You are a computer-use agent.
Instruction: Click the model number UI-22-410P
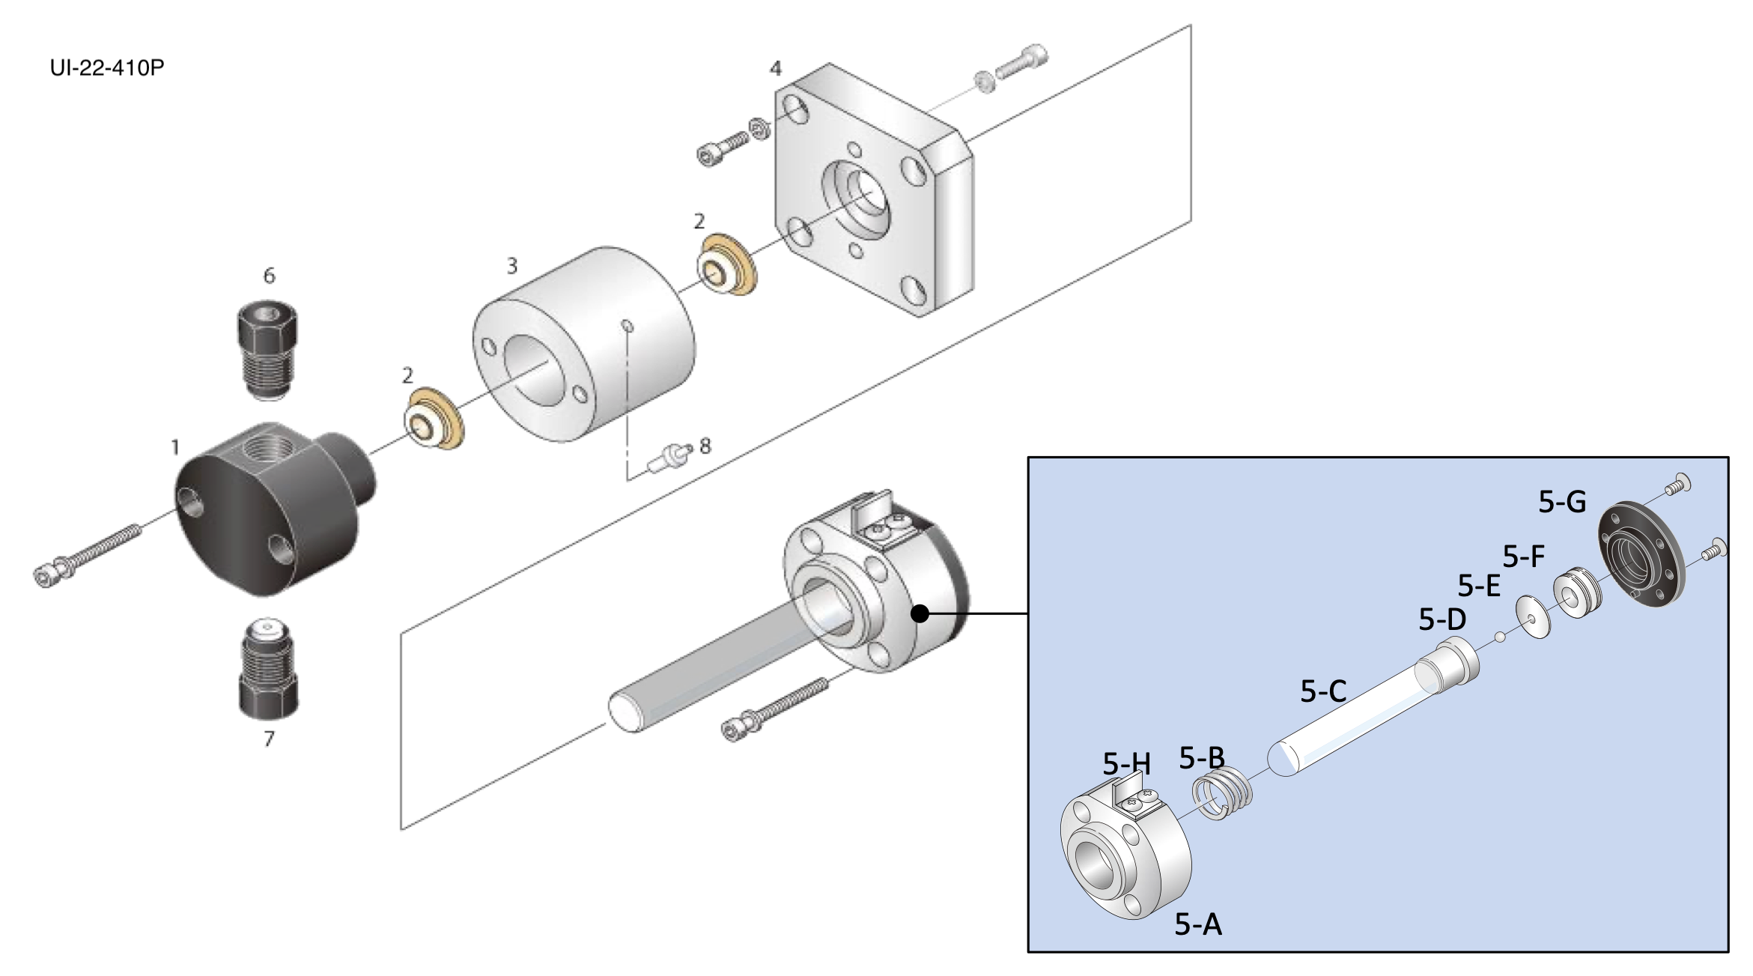[107, 67]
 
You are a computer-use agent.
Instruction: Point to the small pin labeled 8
[670, 457]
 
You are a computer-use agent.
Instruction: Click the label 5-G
[1562, 502]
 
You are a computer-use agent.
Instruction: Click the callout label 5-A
[1198, 925]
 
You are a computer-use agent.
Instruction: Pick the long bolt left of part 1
[86, 555]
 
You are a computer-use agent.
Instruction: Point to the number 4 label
[776, 69]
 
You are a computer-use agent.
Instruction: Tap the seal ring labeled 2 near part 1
[434, 419]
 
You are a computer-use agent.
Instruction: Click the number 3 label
[512, 266]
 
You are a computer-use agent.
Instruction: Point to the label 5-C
[1323, 691]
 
